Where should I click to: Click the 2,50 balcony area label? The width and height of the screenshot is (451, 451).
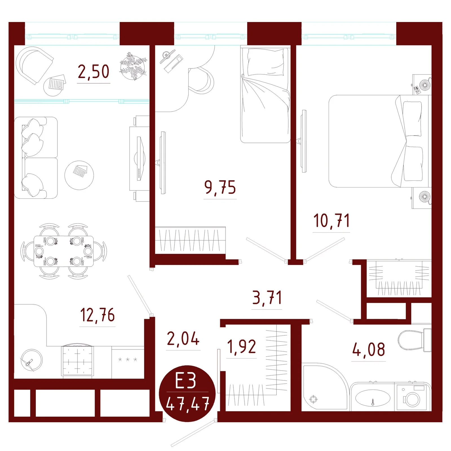pos(94,72)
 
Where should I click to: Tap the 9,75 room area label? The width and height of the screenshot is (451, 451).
pos(220,187)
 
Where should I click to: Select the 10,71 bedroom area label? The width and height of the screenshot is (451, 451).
pos(331,221)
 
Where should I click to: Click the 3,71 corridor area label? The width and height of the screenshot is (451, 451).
pos(267,298)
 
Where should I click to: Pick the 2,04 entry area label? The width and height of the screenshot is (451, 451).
pos(183,339)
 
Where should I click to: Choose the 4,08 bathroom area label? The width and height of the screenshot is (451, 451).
pos(369,349)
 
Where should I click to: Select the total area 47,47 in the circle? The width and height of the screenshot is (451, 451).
pos(188,404)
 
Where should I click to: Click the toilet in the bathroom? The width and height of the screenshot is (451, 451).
pos(415,340)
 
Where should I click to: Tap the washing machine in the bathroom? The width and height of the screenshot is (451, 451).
pos(413,397)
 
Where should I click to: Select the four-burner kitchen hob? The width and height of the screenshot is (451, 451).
pos(78,361)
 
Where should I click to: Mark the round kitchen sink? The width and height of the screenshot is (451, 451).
pos(32,360)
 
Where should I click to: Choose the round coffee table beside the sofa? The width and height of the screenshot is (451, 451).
pos(79,175)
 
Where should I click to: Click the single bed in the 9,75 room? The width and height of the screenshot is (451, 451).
pos(265,95)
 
